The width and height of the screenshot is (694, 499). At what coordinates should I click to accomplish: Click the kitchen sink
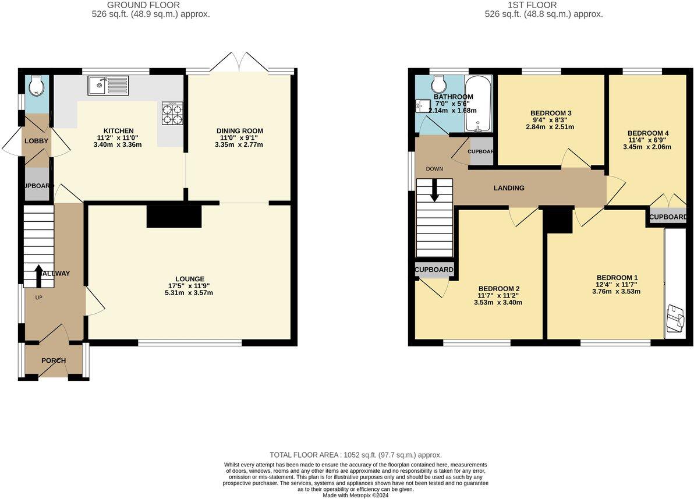108,87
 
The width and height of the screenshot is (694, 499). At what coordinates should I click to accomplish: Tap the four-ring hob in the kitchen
172,113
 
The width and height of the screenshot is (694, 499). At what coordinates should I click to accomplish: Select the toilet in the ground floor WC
36,86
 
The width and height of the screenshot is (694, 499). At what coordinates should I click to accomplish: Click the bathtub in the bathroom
479,105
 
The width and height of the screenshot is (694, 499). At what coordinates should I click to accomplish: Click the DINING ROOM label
239,131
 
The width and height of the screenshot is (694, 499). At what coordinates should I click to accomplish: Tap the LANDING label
509,188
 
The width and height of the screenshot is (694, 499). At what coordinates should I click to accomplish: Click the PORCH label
54,361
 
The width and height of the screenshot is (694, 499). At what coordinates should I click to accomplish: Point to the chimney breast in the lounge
173,216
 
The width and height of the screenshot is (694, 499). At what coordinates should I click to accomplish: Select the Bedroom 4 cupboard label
668,217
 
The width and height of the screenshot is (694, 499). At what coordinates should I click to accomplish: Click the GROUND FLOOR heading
151,5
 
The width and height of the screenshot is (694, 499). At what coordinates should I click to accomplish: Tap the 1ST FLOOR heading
543,5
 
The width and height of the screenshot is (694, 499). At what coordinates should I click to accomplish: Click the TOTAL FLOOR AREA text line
355,455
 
